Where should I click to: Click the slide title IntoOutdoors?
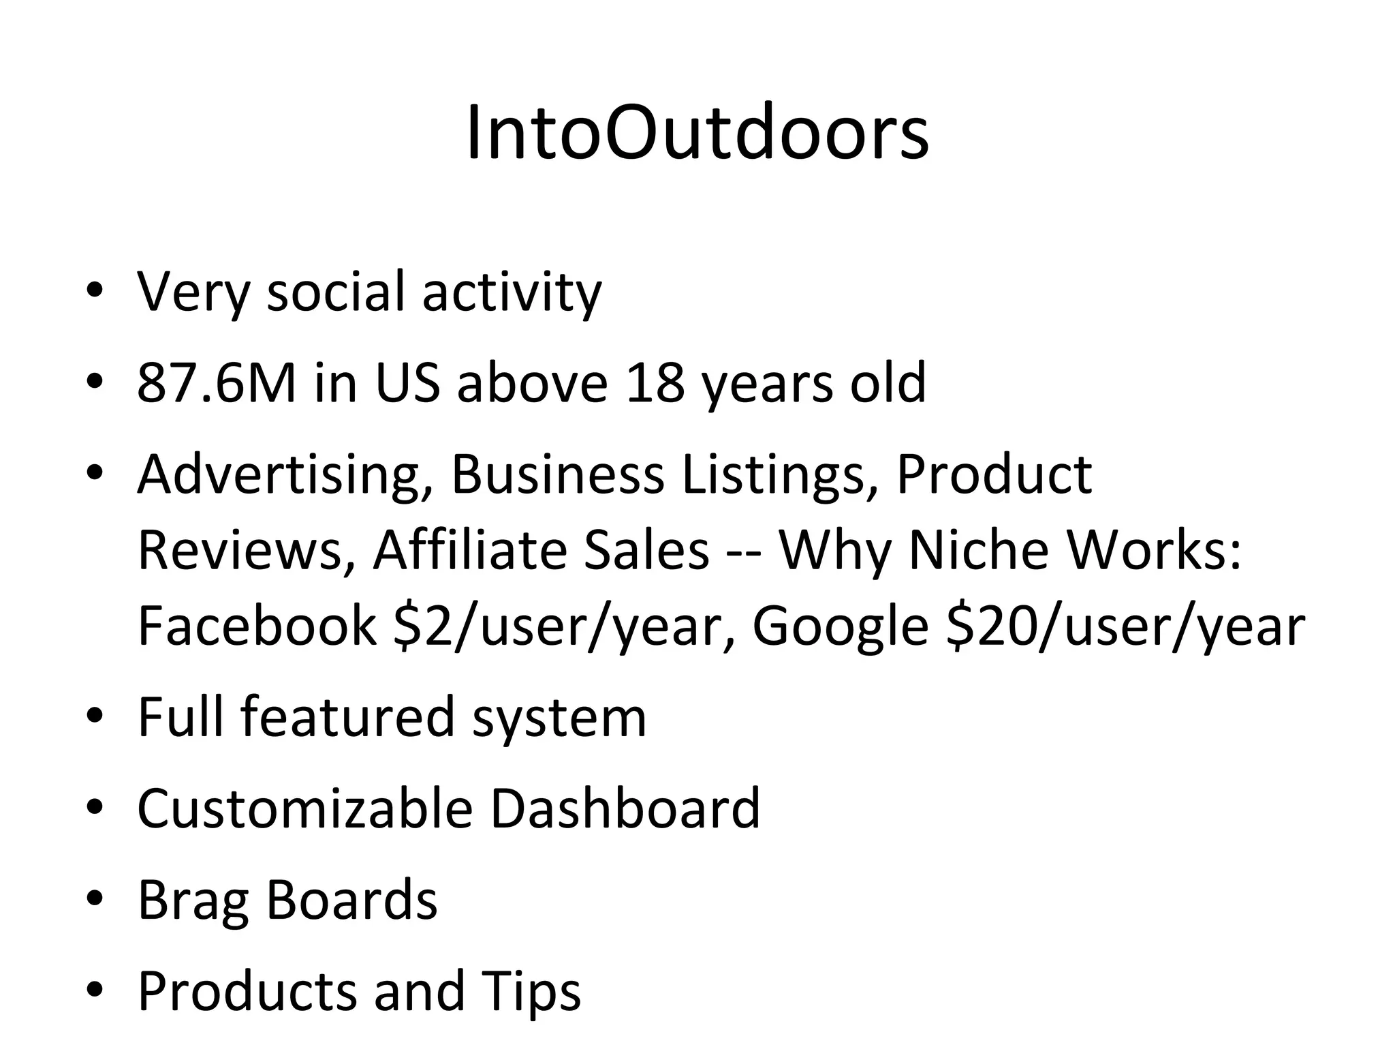[x=697, y=134]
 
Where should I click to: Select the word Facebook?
[x=256, y=626]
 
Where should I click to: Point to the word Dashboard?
[x=625, y=808]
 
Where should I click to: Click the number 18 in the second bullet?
[x=655, y=382]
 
